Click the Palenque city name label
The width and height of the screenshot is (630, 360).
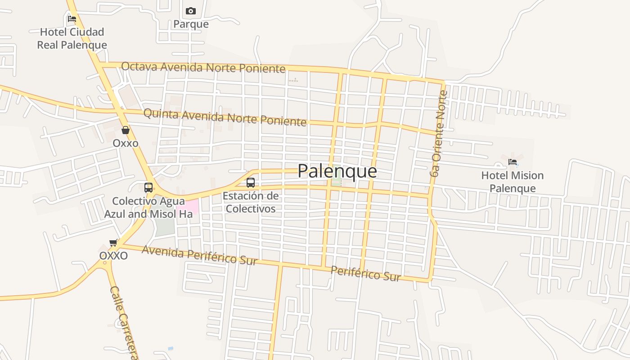(337, 171)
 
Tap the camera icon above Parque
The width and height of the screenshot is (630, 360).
(191, 11)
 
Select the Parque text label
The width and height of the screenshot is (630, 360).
(191, 24)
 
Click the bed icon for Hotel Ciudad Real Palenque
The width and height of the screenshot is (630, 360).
(72, 19)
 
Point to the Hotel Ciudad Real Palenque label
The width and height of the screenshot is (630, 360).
(72, 38)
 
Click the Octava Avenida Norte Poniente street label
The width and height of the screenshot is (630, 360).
(203, 67)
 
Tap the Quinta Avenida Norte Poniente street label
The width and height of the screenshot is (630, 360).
(225, 117)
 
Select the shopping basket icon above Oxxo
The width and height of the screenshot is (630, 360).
(126, 130)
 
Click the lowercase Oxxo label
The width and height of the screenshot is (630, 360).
(126, 143)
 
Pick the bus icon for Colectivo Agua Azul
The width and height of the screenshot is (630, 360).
(148, 188)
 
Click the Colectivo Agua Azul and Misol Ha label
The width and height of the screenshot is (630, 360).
(148, 207)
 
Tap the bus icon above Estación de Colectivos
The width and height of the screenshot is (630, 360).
(251, 183)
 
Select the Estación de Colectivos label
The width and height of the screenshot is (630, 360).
(251, 202)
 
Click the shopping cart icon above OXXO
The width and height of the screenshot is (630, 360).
(113, 243)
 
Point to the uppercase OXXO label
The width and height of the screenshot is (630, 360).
(113, 256)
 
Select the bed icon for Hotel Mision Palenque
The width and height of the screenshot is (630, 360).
(513, 162)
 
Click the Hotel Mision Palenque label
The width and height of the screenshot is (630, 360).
(513, 182)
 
